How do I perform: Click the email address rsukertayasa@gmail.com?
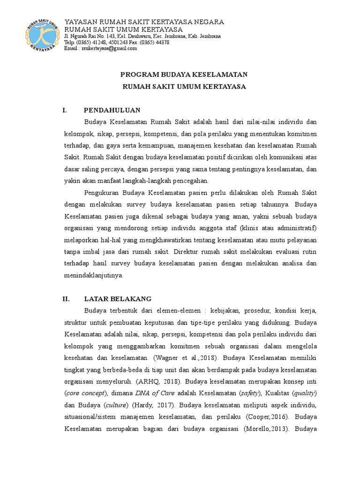tap(109, 48)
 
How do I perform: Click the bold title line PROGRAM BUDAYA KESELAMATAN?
tap(184, 75)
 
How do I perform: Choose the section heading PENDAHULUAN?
tap(112, 111)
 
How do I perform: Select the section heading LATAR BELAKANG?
tap(117, 298)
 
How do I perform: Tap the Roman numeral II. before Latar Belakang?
tap(67, 298)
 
